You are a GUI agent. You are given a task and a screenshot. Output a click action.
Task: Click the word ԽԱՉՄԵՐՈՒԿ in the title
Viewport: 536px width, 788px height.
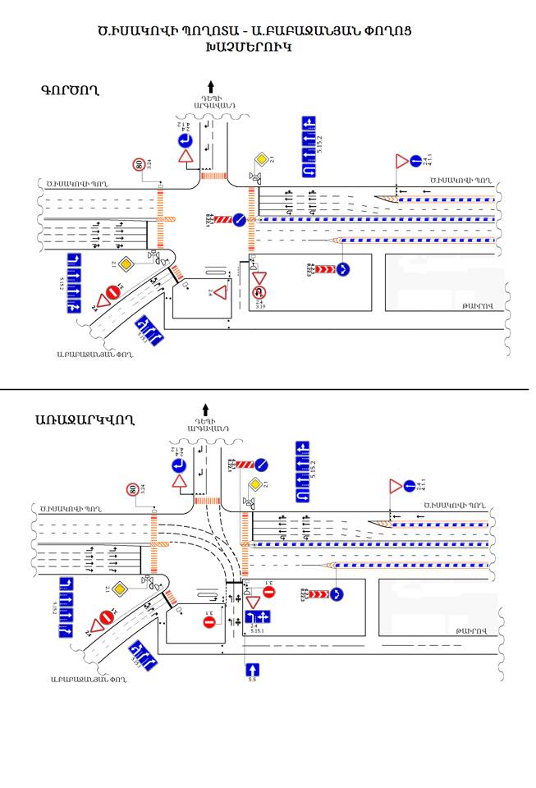point(250,48)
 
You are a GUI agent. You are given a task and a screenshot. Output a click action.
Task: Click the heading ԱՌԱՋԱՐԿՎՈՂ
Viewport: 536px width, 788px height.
point(85,420)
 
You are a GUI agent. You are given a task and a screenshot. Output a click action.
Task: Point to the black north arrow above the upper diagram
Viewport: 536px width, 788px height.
point(212,85)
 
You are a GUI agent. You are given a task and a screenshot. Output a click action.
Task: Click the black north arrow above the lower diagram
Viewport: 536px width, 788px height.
point(205,409)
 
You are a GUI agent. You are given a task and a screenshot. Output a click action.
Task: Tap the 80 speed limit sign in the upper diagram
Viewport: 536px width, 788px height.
point(140,164)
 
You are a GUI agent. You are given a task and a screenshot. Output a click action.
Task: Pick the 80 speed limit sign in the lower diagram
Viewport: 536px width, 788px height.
point(132,490)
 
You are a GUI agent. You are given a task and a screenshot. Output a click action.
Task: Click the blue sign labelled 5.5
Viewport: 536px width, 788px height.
point(253,671)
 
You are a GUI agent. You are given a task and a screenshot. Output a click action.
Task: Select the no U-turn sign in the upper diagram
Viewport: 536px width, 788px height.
point(259,290)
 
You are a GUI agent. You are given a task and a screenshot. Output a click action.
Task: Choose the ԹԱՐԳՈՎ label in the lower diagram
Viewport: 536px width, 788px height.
point(471,630)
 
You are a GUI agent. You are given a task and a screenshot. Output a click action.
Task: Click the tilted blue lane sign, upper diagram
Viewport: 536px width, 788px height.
point(149,329)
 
